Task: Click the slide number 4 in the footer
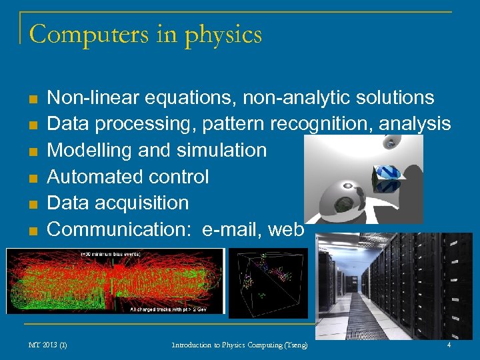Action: coord(449,345)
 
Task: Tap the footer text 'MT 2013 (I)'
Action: coord(47,345)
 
